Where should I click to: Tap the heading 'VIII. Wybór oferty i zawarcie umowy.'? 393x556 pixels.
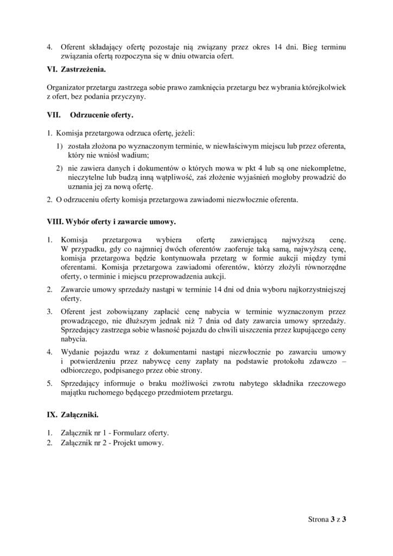coord(111,222)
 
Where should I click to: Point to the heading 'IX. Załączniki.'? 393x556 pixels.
coord(73,415)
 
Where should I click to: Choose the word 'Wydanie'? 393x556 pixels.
coord(74,351)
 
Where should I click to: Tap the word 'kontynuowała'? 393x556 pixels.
coord(161,258)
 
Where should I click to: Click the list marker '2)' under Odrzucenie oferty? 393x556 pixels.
coord(60,168)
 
